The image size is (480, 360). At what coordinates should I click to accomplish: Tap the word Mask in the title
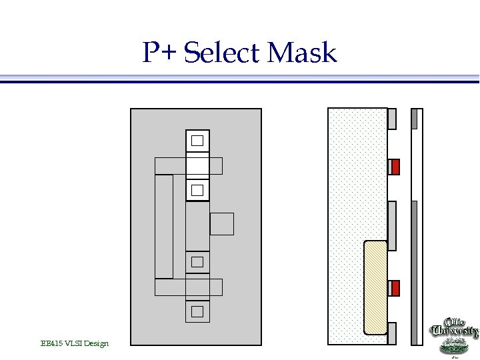point(302,53)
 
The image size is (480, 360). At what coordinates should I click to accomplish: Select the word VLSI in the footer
point(73,343)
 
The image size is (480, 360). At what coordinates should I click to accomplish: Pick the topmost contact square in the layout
point(197,141)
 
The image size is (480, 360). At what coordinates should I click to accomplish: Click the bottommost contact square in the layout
point(197,311)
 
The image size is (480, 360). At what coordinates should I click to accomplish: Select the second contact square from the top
point(197,191)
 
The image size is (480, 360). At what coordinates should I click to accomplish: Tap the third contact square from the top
point(197,261)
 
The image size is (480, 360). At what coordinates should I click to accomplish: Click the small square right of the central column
point(222,224)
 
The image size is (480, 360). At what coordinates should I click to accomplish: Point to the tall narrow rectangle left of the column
point(164,226)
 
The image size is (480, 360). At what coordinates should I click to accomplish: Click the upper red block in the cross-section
point(395,167)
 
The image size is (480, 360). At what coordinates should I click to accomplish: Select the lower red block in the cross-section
point(395,288)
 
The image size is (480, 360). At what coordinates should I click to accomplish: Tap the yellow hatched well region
point(375,287)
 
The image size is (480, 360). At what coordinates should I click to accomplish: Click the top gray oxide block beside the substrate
point(392,119)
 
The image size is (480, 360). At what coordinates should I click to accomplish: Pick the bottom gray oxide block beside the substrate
point(392,333)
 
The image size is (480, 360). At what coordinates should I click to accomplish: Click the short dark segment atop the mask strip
point(414,119)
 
